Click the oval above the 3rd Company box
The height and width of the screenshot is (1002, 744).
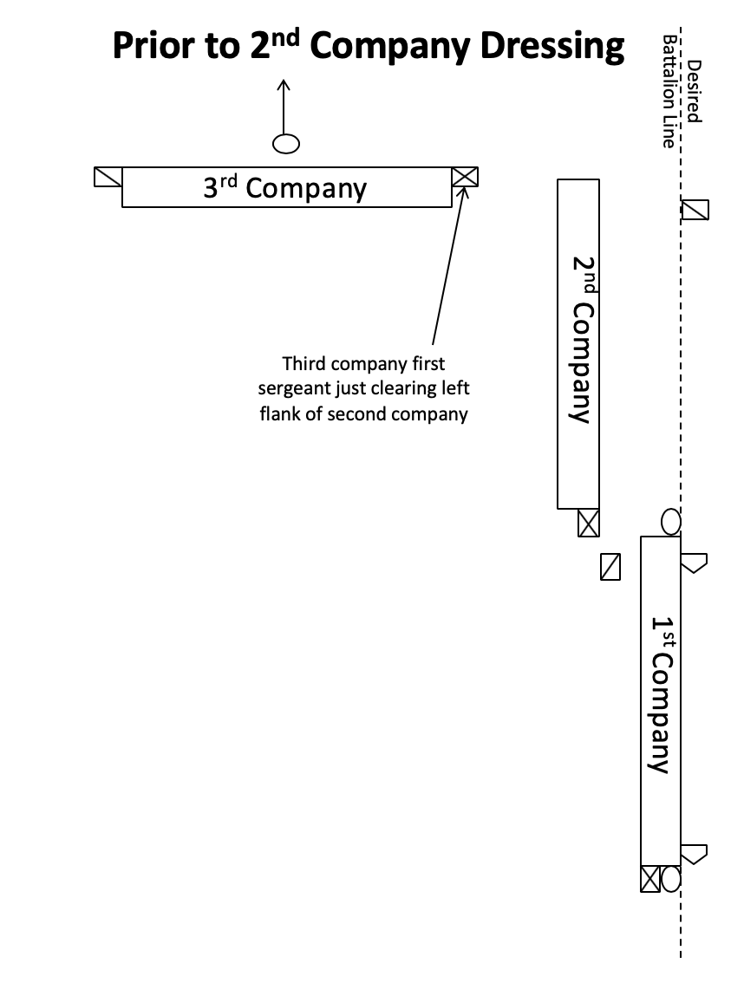285,144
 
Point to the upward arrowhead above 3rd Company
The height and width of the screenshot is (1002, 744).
284,85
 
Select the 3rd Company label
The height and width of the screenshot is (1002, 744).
285,188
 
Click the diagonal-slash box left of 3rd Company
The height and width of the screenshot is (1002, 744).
108,177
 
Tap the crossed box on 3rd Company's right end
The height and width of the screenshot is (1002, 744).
465,177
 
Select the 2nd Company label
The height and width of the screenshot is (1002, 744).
583,339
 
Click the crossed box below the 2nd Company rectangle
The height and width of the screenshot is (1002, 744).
589,523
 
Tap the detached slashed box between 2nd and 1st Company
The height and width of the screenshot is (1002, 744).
610,567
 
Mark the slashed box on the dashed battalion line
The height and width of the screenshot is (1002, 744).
695,210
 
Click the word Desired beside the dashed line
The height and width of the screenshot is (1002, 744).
695,91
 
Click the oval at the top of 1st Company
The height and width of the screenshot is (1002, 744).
670,522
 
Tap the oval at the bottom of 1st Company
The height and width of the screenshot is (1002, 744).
670,879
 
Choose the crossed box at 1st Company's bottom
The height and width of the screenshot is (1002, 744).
650,879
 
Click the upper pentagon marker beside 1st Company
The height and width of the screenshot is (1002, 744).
694,563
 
